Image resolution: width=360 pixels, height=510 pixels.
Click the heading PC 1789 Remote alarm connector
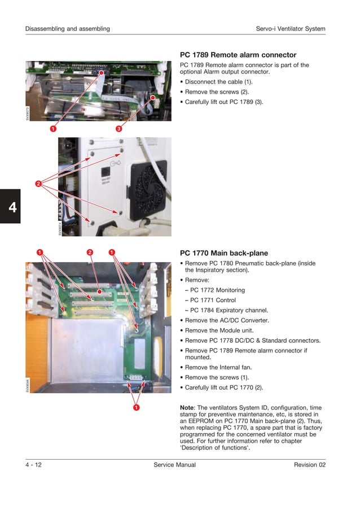(238, 55)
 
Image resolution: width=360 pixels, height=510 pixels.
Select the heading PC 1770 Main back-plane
(223, 253)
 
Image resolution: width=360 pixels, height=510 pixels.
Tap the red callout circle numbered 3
(119, 129)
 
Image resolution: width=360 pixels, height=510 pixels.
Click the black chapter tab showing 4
(11, 206)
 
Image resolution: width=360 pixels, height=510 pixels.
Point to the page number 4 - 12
(33, 465)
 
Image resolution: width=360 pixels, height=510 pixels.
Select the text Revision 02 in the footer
(309, 465)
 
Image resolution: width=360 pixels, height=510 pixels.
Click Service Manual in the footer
(174, 465)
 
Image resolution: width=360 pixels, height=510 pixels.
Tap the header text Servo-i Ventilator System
(290, 29)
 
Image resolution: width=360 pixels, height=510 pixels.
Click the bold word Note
(186, 407)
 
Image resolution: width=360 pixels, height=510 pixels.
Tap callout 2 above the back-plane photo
(90, 252)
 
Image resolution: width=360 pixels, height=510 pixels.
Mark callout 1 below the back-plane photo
(137, 407)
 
